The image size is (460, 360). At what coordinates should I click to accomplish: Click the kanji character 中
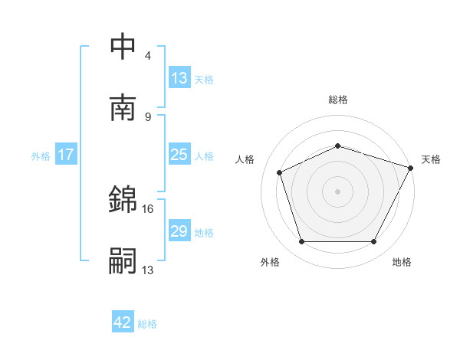point(123,47)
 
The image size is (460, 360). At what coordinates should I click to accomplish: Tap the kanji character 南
point(123,108)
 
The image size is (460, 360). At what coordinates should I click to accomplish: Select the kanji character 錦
point(123,200)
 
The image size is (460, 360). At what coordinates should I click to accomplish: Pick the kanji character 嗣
point(123,261)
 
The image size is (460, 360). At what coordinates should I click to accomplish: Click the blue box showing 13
point(179,78)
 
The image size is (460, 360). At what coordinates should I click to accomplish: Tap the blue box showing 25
point(179,155)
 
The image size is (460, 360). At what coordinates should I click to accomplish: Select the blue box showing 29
point(179,231)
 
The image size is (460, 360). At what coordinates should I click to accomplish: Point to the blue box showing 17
point(66,155)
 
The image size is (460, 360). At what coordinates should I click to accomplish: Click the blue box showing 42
point(123,322)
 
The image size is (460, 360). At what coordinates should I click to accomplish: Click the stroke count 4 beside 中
point(148,56)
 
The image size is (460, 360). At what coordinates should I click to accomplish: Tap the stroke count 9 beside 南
point(148,116)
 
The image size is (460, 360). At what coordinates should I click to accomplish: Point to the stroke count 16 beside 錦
point(149,208)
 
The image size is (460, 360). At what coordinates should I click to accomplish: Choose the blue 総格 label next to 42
point(148,324)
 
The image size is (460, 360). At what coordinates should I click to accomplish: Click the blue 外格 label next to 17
point(41,156)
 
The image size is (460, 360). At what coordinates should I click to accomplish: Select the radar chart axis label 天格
point(431,159)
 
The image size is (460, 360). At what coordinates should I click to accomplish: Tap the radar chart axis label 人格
point(245,159)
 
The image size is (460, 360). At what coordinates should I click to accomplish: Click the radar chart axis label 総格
point(337,100)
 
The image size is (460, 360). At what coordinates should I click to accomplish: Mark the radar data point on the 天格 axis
point(412,167)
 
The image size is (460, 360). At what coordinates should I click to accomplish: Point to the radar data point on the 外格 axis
point(301,242)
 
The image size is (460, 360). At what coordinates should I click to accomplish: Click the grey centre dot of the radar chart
point(337,191)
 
